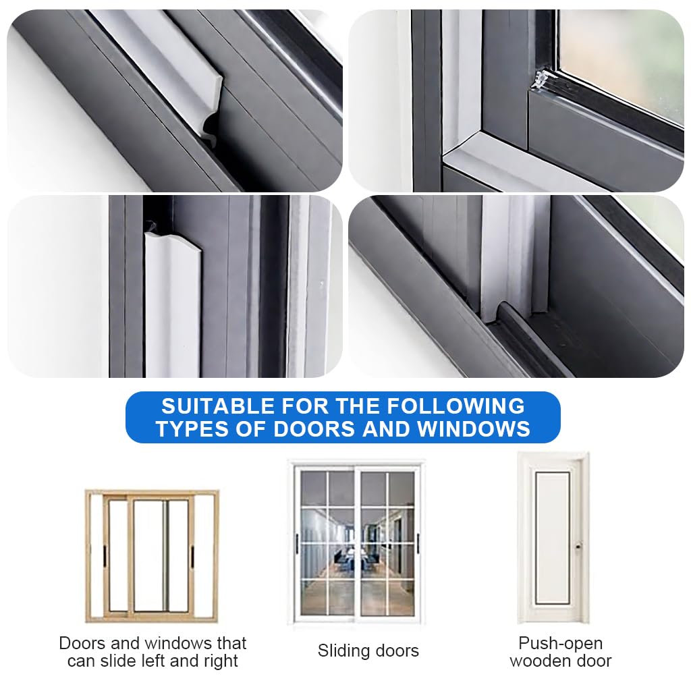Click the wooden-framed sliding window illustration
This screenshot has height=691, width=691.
151,556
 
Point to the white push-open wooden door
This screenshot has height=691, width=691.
553,537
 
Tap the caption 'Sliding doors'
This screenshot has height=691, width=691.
368,651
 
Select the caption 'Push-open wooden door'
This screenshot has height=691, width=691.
560,652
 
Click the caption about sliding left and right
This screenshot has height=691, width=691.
153,652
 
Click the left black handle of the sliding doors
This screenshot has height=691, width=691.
296,543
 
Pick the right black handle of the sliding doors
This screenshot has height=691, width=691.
418,543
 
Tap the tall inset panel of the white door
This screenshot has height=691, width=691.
553,537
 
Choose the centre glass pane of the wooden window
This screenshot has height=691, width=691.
150,556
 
